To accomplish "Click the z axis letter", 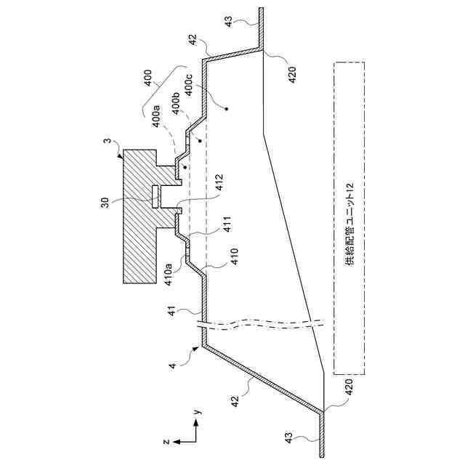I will point(166,441).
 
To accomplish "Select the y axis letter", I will point(197,412).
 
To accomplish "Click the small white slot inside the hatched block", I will point(155,197).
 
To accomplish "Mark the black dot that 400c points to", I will point(227,110).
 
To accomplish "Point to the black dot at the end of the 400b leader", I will point(198,139).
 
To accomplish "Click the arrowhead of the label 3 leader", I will point(124,150).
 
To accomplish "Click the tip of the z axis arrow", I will point(178,441).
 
